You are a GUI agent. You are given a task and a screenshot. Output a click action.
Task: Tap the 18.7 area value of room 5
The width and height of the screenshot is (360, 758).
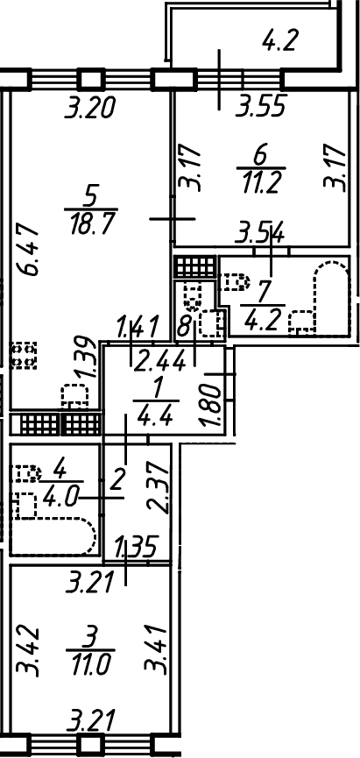point(91,224)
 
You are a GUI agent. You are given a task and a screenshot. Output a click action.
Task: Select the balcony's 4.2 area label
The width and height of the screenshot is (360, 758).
point(282,40)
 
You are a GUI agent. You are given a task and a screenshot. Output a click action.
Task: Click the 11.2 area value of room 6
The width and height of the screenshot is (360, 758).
point(262,184)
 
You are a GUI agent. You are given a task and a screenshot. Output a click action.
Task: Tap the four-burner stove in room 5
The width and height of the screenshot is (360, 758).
point(24,356)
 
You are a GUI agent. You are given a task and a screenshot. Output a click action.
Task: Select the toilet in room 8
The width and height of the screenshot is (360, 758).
point(194,296)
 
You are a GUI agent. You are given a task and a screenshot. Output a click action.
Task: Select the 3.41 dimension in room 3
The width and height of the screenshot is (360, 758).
point(157,649)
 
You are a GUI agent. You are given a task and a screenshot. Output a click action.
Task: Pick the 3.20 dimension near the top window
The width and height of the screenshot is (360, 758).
point(90,107)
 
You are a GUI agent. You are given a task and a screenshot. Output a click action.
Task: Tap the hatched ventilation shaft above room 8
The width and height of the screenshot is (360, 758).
point(194,266)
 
